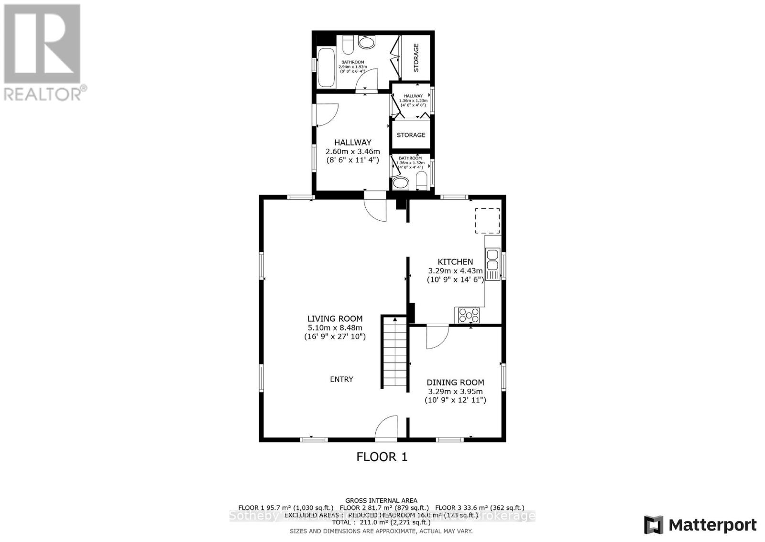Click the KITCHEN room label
[x=455, y=262]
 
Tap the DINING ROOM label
[x=455, y=382]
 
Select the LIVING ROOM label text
[x=335, y=318]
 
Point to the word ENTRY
[x=341, y=379]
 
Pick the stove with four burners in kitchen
[x=469, y=315]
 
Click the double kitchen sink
[x=492, y=259]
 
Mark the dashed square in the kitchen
[x=487, y=221]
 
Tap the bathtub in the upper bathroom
[x=327, y=68]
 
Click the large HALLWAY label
[x=353, y=142]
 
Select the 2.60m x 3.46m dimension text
[x=353, y=151]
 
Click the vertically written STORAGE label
[x=416, y=57]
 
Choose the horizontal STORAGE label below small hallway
[x=411, y=135]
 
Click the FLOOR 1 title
[x=382, y=457]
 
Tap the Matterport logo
[x=700, y=525]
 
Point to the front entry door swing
[x=386, y=428]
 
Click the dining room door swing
[x=437, y=337]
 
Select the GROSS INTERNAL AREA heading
[x=381, y=500]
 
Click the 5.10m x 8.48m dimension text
[x=335, y=327]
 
